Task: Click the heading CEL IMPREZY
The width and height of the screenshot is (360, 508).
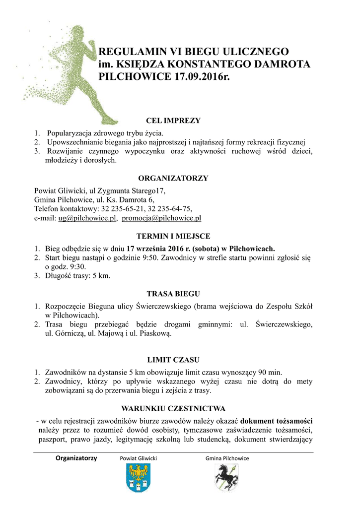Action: tap(173, 121)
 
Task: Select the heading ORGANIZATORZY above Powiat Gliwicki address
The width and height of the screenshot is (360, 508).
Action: tap(173, 178)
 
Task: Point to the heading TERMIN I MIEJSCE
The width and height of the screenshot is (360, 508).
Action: tap(173, 236)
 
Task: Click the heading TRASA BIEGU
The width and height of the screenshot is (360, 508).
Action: tap(173, 294)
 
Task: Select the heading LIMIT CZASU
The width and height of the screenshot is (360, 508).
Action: tap(173, 360)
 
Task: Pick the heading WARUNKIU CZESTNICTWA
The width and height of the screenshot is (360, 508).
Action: tap(173, 408)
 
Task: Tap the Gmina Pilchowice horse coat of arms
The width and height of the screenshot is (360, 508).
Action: tap(227, 479)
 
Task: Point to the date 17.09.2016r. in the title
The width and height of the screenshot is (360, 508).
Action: tap(203, 77)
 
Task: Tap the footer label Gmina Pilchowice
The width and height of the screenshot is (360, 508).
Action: tap(227, 458)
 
